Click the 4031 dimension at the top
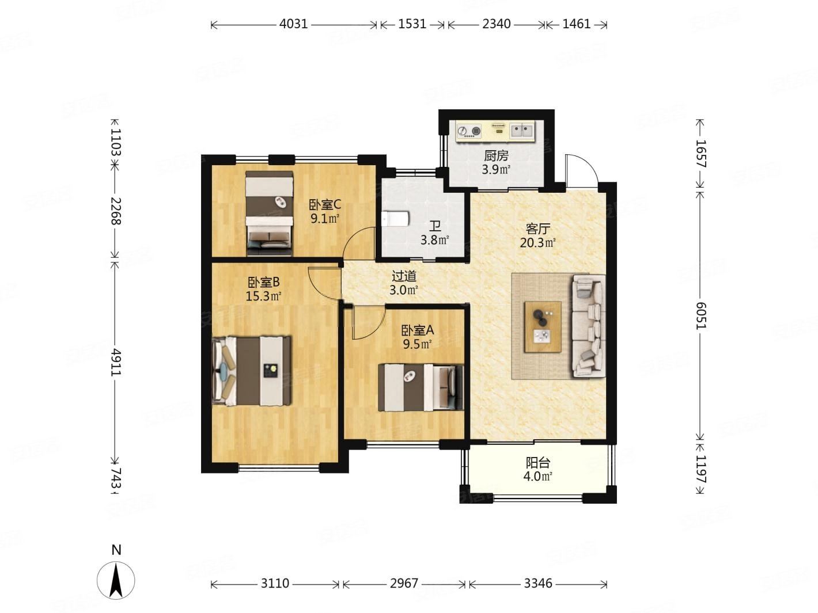click(293, 24)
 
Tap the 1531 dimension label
click(412, 24)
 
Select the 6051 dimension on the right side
click(701, 315)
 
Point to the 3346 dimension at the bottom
click(538, 583)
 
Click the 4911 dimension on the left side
click(116, 362)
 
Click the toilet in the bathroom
click(396, 219)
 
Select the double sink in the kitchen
click(521, 131)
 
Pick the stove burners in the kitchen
click(469, 131)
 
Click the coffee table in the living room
click(543, 327)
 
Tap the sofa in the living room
click(588, 326)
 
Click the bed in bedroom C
click(269, 214)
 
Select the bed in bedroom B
click(252, 371)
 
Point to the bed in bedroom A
click(421, 388)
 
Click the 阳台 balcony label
click(538, 463)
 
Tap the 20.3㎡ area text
click(538, 243)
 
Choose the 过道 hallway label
click(404, 276)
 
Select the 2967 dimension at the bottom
click(404, 583)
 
